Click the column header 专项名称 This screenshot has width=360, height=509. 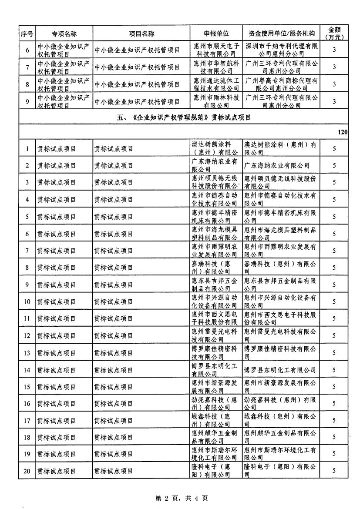coord(64,33)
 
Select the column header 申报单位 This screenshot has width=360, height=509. coord(216,33)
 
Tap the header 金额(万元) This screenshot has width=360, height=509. coord(334,33)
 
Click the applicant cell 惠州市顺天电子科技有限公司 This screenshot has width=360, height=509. coord(216,50)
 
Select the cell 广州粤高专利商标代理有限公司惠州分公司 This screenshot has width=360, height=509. coord(281,84)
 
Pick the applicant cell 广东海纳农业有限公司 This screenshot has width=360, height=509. coord(216,165)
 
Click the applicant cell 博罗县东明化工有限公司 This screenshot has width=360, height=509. coord(216,370)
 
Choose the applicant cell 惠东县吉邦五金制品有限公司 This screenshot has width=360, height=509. coord(216,285)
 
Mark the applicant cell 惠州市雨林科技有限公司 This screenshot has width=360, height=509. coord(216,101)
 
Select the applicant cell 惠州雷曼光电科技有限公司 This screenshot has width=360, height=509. coord(216,335)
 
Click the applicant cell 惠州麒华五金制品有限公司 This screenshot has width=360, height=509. coord(216,437)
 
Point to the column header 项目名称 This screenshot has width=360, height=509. coord(141,33)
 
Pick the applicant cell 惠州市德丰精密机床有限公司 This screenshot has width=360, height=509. coord(216,217)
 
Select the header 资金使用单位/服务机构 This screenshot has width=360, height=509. coord(281,33)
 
